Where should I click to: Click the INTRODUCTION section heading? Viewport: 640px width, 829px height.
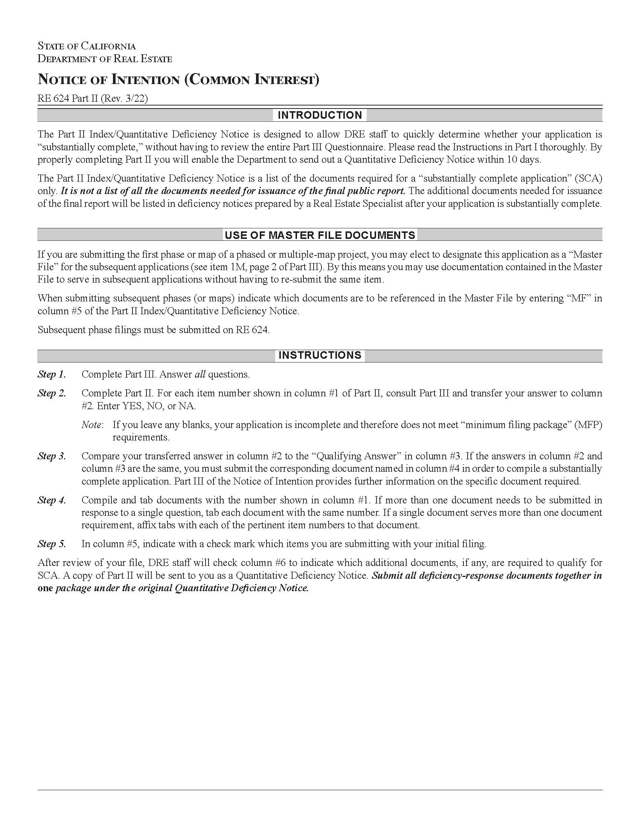(x=320, y=115)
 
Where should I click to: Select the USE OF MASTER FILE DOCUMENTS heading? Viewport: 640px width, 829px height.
(x=320, y=235)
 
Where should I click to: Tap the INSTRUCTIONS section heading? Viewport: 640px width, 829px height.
(x=320, y=355)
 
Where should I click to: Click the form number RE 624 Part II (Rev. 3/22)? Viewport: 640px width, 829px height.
(x=93, y=98)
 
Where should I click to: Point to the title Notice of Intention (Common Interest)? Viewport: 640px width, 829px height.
(x=178, y=80)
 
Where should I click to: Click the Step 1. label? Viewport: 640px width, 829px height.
(x=52, y=374)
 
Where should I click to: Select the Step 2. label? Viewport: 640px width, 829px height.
(x=52, y=393)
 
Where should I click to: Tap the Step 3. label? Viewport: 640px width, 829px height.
(x=52, y=456)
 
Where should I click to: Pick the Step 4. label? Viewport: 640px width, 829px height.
(x=52, y=500)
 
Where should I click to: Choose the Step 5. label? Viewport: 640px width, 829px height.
(x=52, y=544)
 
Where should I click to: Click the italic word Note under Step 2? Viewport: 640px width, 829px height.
(x=91, y=425)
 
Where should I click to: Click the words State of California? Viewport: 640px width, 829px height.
(x=87, y=46)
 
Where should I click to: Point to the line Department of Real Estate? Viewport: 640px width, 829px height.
(x=105, y=59)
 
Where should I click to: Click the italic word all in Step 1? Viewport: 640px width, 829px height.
(x=200, y=374)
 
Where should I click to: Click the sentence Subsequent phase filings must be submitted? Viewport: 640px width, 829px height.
(x=153, y=330)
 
